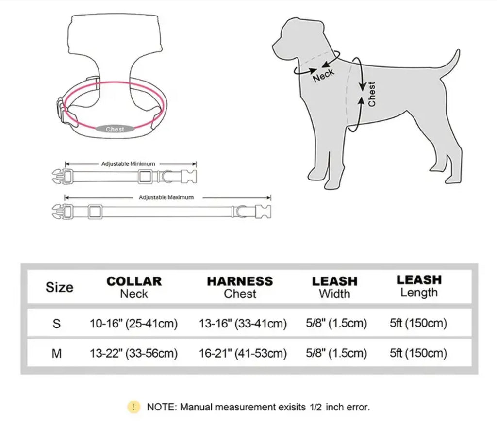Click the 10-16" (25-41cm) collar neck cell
pos(133,323)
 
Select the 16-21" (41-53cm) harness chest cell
pos(243,353)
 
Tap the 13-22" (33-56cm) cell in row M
pos(133,353)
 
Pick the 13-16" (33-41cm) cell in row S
pos(243,323)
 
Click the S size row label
pos(56,324)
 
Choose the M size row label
pos(56,353)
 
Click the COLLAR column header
pos(134,281)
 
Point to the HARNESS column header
pos(240,281)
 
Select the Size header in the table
pos(59,287)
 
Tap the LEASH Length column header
pos(419,286)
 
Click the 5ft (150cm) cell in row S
pos(418,323)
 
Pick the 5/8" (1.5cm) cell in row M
pos(336,353)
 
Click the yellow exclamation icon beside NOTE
pos(133,407)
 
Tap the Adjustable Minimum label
pos(128,164)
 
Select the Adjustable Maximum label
pos(166,197)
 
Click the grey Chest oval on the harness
pos(115,129)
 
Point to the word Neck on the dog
pos(323,75)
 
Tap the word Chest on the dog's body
pos(371,94)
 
